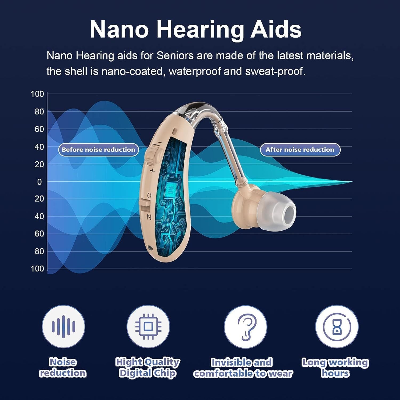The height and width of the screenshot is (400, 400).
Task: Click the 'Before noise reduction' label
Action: pos(98,150)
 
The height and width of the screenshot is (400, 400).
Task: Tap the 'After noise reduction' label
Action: pos(300,150)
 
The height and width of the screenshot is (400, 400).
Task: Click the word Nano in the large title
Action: pos(119,29)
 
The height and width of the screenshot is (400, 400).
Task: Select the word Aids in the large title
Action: pos(275,29)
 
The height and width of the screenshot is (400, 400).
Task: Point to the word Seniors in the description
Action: pos(175,56)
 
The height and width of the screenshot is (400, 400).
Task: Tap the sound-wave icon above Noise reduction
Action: pos(63,326)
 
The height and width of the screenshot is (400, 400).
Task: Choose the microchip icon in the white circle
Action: pos(148,326)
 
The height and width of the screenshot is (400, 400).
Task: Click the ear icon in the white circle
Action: pos(245,326)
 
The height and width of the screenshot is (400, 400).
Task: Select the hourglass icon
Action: pos(337,326)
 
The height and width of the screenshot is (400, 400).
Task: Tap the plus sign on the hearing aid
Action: pos(152,171)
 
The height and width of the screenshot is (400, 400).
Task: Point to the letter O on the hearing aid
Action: pos(149,196)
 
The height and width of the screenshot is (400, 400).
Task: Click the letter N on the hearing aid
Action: pos(149,217)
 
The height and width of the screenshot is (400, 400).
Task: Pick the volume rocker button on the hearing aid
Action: pos(151,157)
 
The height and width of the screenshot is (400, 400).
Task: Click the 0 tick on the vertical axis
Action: pos(39,182)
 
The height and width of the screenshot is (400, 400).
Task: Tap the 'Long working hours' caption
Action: pos(335,367)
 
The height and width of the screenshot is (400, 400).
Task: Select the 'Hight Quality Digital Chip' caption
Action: pos(148,367)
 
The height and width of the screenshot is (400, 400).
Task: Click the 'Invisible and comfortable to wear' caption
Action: pos(243,368)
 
